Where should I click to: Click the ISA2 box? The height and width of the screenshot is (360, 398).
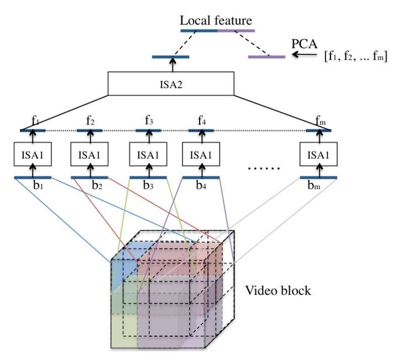[171, 83]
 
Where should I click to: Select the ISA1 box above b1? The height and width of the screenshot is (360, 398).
[34, 155]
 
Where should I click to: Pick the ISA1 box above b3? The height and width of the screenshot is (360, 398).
[147, 155]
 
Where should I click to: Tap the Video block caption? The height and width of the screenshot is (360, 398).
[278, 289]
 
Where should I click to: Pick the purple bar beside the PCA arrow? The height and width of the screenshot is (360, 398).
[266, 56]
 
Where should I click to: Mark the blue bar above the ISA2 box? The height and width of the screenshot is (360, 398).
[171, 56]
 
